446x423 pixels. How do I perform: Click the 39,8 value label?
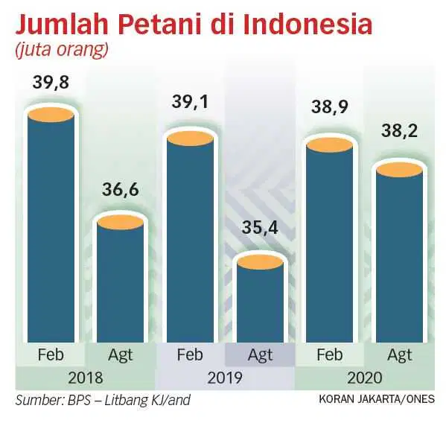51,82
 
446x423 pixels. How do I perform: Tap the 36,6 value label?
121,189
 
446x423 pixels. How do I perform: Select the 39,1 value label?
190,101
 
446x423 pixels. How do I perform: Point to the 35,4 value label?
260,228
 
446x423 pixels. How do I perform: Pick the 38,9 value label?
330,107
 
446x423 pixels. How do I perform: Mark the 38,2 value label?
399,131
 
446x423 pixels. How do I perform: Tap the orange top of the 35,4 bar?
260,261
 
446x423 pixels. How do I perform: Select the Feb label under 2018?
51,354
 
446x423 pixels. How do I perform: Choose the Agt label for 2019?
260,355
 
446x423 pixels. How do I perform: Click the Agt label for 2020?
400,355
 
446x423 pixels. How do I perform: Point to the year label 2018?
86,378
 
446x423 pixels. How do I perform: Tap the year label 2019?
225,378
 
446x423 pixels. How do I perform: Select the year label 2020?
365,378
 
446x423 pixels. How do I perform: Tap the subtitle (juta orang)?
62,51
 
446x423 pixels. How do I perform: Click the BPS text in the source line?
79,400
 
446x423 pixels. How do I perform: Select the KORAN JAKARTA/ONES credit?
377,399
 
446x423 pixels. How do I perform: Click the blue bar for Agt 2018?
121,282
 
